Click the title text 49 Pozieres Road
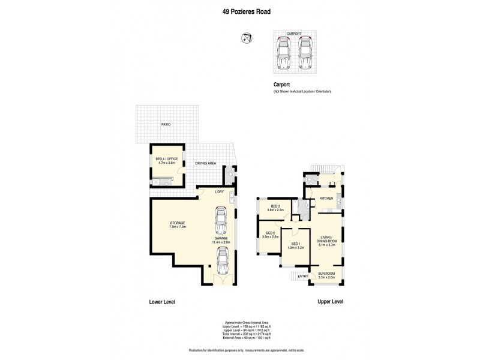click(239, 10)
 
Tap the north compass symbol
click(246, 40)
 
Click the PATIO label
click(165, 125)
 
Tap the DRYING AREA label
click(205, 163)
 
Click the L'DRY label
click(219, 192)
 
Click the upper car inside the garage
click(220, 222)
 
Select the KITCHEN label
click(326, 198)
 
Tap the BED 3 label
click(275, 207)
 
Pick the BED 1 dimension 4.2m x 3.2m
click(296, 247)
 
